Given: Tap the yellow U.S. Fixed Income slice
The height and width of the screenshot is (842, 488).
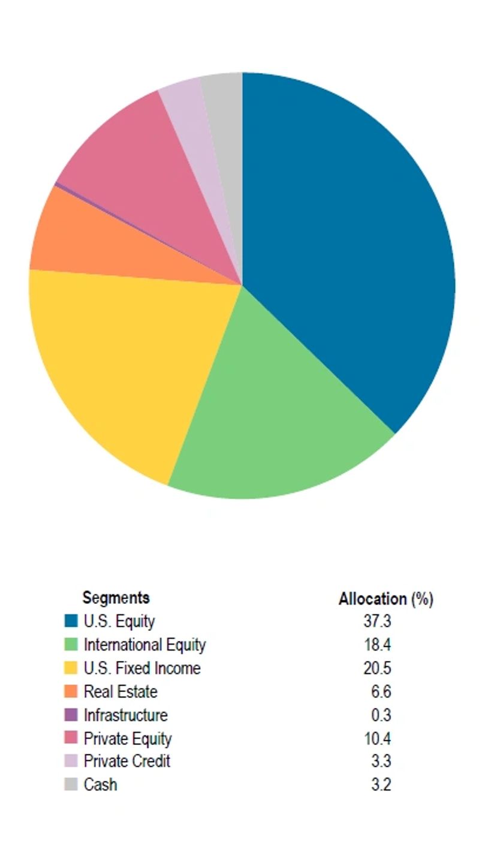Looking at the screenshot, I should point(126,360).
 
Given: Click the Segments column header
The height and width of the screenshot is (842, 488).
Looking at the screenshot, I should point(116,598).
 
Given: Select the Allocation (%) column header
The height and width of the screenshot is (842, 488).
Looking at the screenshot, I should point(385,599).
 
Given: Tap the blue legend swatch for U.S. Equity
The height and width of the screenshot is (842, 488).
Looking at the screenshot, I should point(71,621).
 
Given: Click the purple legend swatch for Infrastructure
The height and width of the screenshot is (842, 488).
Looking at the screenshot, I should point(71,715).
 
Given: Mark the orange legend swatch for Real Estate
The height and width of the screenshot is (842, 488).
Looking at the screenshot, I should point(71,691).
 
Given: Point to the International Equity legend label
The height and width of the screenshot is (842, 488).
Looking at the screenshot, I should point(144,645).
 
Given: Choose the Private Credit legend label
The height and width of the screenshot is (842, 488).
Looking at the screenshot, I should point(126,761).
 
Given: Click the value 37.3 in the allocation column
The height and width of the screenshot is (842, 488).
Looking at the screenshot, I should point(377,621).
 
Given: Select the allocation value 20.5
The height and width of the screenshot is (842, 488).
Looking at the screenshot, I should point(377,668).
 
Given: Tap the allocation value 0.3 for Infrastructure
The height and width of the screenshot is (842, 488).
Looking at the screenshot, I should point(381,715).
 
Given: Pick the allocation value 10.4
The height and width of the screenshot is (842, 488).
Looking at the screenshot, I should point(377,738).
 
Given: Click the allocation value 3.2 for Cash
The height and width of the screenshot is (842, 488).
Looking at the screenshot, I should point(381,784).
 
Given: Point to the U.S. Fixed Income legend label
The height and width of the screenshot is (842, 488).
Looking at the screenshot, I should point(142,668).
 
